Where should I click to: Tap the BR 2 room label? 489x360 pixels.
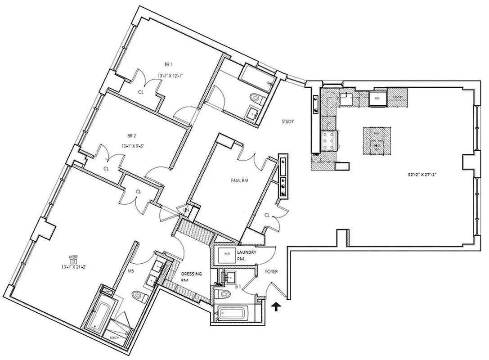pos(131,135)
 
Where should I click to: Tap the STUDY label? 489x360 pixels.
pos(288,121)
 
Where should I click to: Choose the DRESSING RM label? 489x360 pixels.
pos(191,276)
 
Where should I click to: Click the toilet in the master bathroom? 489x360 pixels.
pos(139,296)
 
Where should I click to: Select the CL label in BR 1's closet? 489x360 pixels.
pos(140,92)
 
